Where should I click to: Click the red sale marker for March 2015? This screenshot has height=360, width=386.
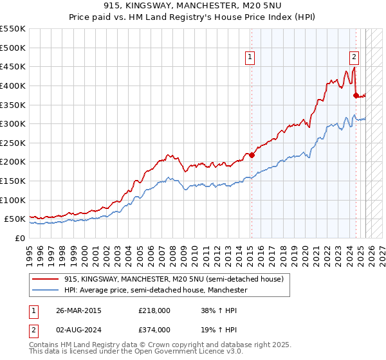click(252, 155)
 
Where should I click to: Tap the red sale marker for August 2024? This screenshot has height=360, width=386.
click(356, 95)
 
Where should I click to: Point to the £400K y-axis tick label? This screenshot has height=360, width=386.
click(14, 85)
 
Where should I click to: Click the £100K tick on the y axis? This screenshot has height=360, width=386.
click(14, 200)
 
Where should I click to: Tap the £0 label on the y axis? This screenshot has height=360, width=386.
click(19, 238)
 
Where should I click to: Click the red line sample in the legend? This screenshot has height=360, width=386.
click(46, 278)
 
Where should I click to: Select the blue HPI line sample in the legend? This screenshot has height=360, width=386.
click(46, 291)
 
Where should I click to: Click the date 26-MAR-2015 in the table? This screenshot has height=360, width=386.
click(79, 310)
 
